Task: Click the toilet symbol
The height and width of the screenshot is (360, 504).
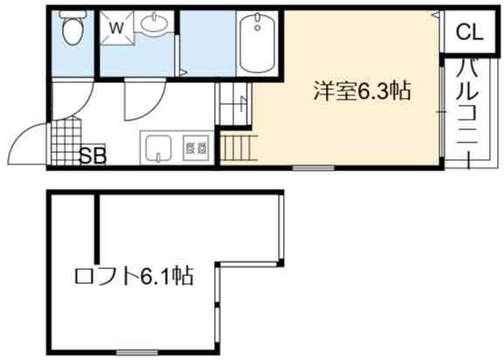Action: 73,28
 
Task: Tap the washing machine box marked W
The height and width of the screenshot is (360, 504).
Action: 116,28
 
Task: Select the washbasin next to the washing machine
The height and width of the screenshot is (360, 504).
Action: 155,23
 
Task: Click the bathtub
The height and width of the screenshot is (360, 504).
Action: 257,43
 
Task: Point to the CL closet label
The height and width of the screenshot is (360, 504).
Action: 470,32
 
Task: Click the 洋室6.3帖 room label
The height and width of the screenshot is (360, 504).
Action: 362,91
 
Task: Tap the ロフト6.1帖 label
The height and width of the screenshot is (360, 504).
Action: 134,276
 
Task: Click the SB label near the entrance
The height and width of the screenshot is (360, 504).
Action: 93,156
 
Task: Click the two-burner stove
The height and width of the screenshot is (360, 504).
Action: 196,148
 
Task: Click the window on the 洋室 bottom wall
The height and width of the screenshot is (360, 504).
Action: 313,168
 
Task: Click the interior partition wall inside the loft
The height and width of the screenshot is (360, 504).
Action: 97,227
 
